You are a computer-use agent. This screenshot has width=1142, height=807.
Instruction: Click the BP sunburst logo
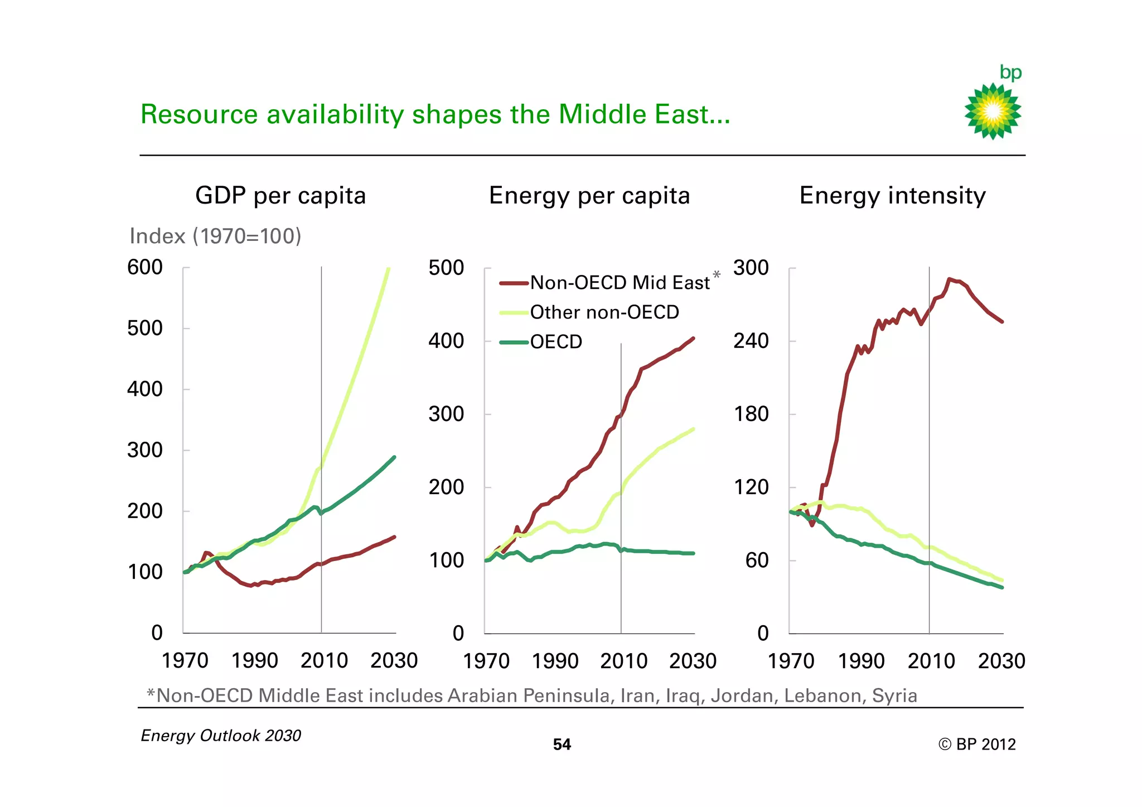(x=993, y=110)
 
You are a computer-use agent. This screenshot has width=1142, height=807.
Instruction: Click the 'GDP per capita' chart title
(x=280, y=196)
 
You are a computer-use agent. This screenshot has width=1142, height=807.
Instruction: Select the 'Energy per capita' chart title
(x=589, y=196)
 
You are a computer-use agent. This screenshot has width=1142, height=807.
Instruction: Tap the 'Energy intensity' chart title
(x=892, y=196)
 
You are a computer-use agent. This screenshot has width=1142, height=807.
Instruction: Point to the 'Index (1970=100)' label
(x=215, y=236)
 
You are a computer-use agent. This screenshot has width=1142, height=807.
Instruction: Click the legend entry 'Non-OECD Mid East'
(x=620, y=283)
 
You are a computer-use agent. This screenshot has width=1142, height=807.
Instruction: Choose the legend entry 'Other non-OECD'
(x=604, y=312)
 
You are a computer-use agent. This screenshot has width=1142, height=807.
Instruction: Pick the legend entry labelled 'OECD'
(x=556, y=342)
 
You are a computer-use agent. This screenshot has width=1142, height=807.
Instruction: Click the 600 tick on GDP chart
(x=145, y=267)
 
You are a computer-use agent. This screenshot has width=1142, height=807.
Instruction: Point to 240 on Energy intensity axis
(x=751, y=341)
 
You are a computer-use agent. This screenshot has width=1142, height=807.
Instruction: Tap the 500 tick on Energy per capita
(x=446, y=268)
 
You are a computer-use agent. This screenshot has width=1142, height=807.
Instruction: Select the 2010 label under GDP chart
(x=324, y=661)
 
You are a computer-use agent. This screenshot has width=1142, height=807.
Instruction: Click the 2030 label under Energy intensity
(x=1001, y=661)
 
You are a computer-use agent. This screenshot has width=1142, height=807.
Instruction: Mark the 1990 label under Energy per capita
(x=555, y=661)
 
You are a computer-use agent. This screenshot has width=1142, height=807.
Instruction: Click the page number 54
(x=562, y=745)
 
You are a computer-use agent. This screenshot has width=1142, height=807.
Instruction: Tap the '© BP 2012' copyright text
(x=977, y=745)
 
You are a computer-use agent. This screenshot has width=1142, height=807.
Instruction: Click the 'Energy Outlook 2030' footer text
(x=221, y=736)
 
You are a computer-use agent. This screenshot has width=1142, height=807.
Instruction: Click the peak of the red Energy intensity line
(x=950, y=279)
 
